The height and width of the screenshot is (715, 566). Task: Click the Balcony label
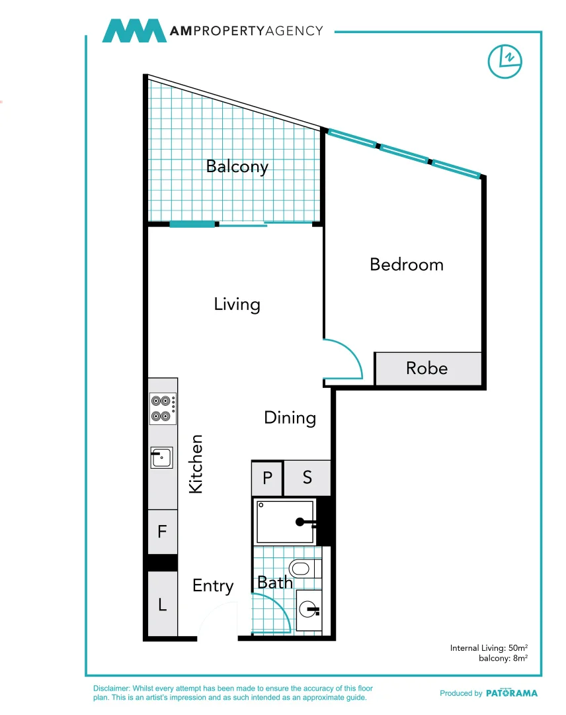[x=237, y=167]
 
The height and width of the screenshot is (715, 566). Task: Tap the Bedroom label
[x=407, y=264]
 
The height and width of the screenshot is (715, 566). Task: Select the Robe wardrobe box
[x=428, y=369]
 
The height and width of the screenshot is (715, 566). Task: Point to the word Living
[x=237, y=305]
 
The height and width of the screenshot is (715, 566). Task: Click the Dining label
[x=290, y=418]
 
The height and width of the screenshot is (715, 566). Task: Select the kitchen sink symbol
[x=161, y=457]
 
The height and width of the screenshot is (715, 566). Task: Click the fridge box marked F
[x=163, y=531]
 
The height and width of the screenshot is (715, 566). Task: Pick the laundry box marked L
[x=163, y=604]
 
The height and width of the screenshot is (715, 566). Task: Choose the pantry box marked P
[x=267, y=478]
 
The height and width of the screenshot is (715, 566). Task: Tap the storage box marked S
[x=307, y=478]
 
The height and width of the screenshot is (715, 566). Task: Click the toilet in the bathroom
[x=305, y=569]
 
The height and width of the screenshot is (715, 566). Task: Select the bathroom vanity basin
[x=309, y=610]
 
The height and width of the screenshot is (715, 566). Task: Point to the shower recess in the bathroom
[x=286, y=522]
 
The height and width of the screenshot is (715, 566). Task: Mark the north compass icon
[x=505, y=62]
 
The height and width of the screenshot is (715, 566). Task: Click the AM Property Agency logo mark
[x=134, y=30]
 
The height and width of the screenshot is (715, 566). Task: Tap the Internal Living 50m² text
[x=489, y=648]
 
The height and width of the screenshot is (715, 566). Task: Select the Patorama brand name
[x=512, y=693]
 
